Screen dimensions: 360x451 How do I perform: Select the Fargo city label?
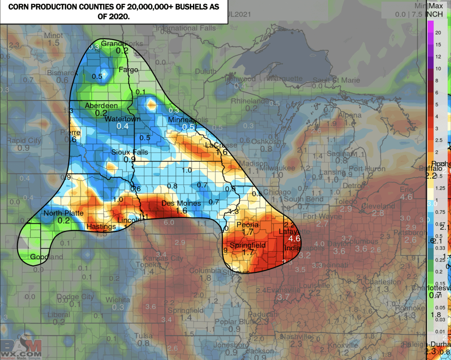point(129,70)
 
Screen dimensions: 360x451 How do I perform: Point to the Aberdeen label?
point(101,106)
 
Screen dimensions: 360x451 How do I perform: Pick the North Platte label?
point(63,213)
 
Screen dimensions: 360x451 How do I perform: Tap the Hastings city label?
point(101,227)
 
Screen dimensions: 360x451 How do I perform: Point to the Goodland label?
point(46,257)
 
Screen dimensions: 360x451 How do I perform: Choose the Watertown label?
point(122,119)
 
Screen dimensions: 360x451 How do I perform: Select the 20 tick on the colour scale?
point(438,33)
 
